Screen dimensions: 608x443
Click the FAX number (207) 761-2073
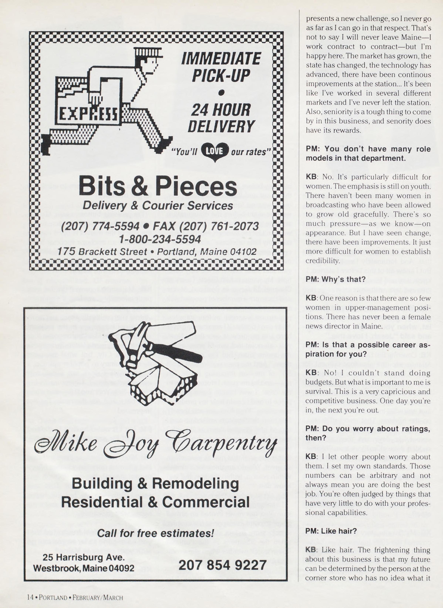[206, 226]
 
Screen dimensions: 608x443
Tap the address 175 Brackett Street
[102, 252]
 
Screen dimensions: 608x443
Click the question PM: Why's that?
[336, 279]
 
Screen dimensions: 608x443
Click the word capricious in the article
[396, 391]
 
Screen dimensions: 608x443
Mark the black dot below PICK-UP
[221, 93]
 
